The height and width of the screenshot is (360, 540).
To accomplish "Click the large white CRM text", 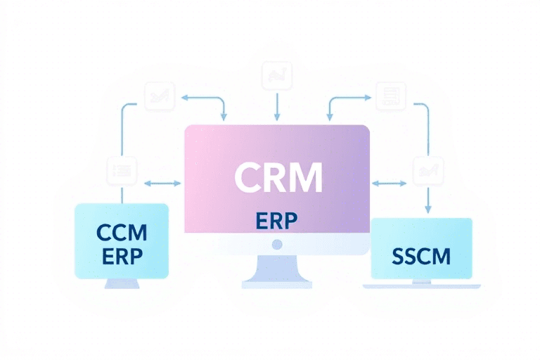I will [278, 177].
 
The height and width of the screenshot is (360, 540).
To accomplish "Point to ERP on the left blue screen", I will [122, 255].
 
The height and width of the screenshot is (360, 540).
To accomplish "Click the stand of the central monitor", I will [276, 271].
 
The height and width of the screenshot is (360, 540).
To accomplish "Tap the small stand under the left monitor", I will [122, 283].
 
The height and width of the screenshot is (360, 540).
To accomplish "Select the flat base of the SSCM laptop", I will [422, 285].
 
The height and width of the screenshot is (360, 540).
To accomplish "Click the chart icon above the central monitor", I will [276, 75].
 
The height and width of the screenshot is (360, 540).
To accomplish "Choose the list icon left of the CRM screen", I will [121, 171].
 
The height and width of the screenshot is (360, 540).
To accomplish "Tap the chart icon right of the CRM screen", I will [427, 170].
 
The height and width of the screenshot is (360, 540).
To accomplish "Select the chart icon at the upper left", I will [159, 96].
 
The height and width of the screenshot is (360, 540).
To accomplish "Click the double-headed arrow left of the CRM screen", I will [162, 184].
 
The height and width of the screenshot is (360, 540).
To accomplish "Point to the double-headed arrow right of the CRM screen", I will [389, 184].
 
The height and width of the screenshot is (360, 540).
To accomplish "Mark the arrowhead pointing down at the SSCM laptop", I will [427, 209].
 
